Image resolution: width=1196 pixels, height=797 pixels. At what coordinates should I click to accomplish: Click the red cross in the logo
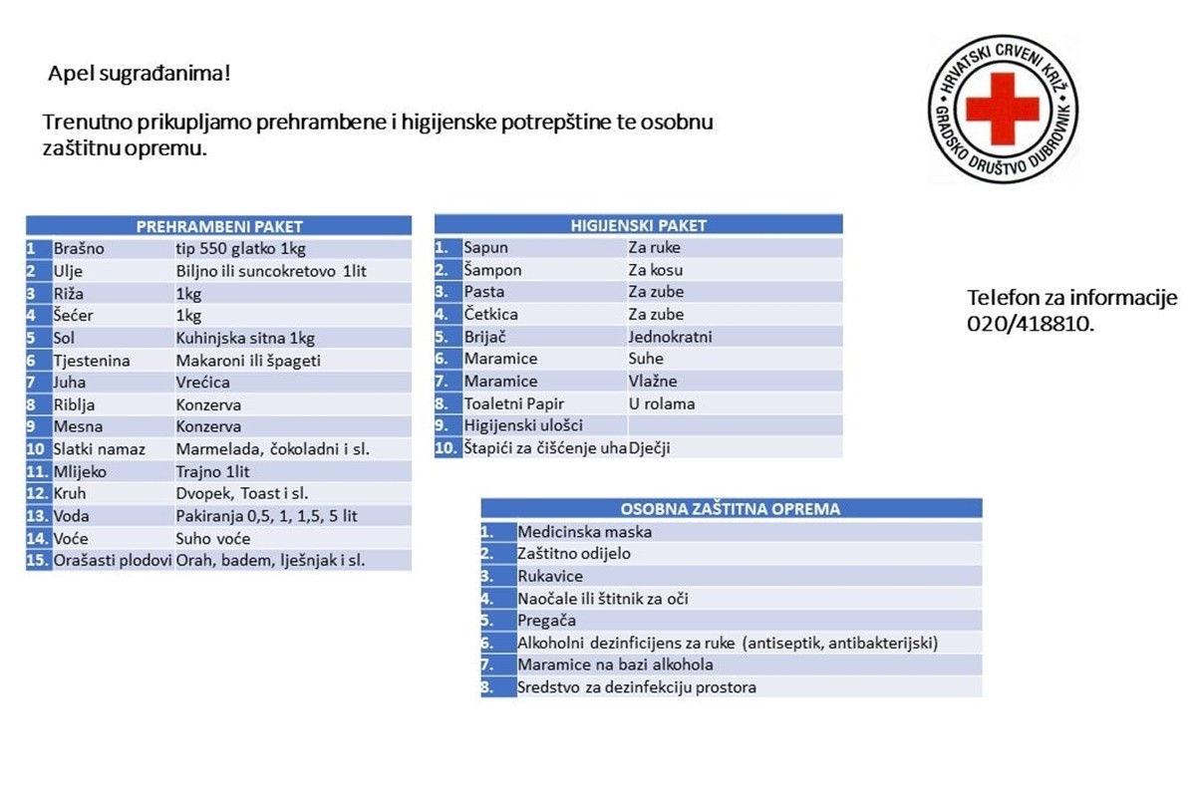pos(1002,108)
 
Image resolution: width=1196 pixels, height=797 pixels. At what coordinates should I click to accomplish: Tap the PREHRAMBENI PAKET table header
pos(219,226)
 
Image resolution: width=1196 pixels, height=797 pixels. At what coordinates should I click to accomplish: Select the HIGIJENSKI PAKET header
pos(639,225)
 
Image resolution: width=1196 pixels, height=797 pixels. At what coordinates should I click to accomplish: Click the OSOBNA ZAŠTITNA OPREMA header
pos(731,508)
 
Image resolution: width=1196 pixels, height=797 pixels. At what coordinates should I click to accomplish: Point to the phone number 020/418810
pos(1030,324)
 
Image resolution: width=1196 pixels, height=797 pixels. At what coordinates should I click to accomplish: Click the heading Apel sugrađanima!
pos(140,74)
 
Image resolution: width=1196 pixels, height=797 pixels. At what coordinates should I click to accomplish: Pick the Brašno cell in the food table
pos(79,248)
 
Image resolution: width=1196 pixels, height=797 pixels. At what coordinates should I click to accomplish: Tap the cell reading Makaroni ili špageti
pos(248,360)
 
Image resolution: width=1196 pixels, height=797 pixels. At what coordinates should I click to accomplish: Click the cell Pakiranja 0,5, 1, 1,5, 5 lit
pos(266,515)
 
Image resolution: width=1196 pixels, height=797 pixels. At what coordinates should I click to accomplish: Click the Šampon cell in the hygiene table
pos(492,270)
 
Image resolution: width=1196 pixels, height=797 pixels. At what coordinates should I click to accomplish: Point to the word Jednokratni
pos(670,337)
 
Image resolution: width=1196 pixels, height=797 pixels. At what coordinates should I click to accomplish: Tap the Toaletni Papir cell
pos(514,403)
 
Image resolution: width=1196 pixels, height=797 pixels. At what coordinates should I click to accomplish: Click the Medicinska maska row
pos(585,532)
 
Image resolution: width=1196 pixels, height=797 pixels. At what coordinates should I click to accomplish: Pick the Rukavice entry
pos(550,576)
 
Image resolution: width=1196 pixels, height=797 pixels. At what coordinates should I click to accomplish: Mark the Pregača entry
pos(547,621)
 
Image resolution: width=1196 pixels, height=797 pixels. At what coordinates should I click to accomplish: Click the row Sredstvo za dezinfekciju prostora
pos(637,687)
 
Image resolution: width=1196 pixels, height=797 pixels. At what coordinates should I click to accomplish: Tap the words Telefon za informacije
pos(1072,298)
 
